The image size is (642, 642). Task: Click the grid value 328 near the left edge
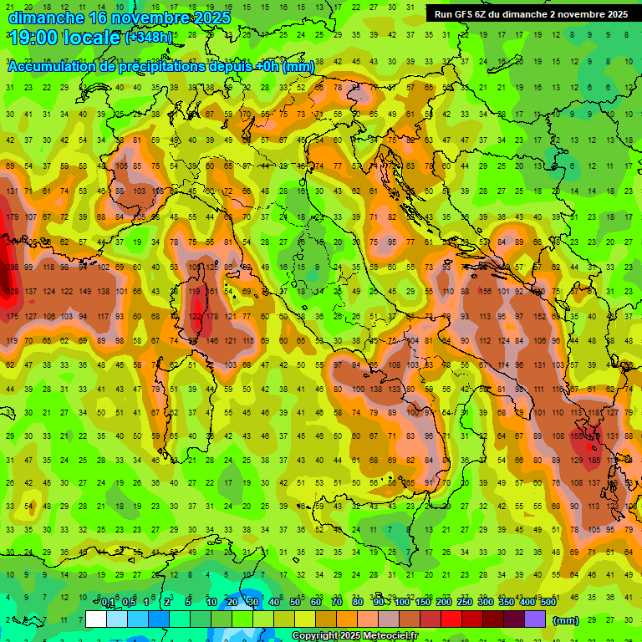(x=12, y=292)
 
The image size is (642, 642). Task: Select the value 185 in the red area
(x=595, y=461)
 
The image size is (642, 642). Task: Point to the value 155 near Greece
(x=578, y=436)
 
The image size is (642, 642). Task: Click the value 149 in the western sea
(x=84, y=292)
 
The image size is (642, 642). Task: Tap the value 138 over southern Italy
(x=375, y=390)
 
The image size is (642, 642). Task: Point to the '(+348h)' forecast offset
(x=149, y=38)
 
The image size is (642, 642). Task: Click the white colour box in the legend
(x=96, y=619)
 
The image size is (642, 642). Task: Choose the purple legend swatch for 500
(x=535, y=619)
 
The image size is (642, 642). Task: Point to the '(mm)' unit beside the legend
(x=566, y=620)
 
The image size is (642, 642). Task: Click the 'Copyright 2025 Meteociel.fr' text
(x=354, y=636)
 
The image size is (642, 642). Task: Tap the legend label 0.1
(x=108, y=603)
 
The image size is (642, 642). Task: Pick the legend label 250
(x=464, y=603)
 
